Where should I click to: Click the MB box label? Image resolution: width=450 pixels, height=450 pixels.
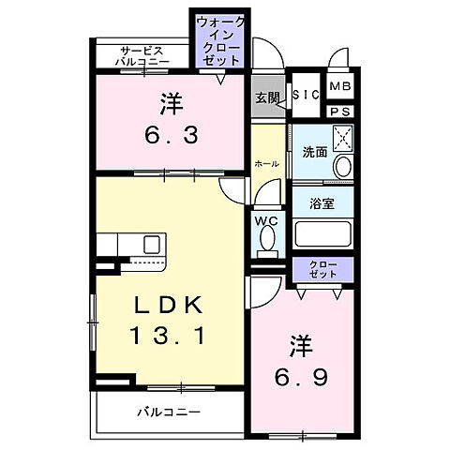pyautogui.click(x=340, y=87)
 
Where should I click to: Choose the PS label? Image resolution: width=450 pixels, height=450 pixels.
pyautogui.click(x=340, y=111)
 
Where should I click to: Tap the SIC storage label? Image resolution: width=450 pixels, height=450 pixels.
pyautogui.click(x=306, y=95)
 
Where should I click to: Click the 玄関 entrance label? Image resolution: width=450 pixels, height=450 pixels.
pyautogui.click(x=267, y=97)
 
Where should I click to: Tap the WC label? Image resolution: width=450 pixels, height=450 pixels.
pyautogui.click(x=266, y=221)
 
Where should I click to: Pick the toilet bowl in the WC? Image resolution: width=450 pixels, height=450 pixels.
pyautogui.click(x=267, y=241)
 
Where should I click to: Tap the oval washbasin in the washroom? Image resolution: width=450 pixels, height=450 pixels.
pyautogui.click(x=342, y=168)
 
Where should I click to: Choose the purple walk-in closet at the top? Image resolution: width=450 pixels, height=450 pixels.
pyautogui.click(x=221, y=39)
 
